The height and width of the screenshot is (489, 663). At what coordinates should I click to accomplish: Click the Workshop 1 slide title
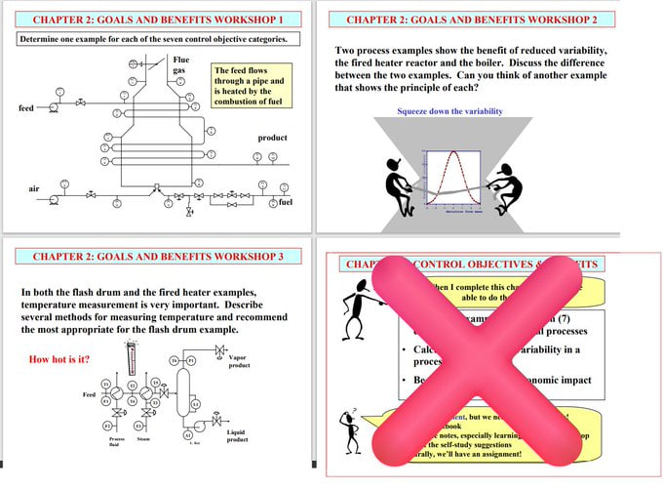(158, 19)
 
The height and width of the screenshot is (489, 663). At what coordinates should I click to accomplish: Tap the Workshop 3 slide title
(158, 257)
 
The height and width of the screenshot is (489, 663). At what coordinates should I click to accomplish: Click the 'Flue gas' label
(180, 65)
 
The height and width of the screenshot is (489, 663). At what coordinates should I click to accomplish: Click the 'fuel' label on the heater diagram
(285, 202)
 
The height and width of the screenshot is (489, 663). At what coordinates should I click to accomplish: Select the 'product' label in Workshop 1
(272, 138)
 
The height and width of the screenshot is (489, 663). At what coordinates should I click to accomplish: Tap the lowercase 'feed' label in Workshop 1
(26, 107)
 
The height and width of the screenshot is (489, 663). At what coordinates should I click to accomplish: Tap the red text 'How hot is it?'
(61, 359)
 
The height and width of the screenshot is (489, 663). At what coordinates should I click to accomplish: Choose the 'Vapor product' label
(239, 361)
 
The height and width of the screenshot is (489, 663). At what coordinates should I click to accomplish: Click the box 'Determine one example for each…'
(154, 39)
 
